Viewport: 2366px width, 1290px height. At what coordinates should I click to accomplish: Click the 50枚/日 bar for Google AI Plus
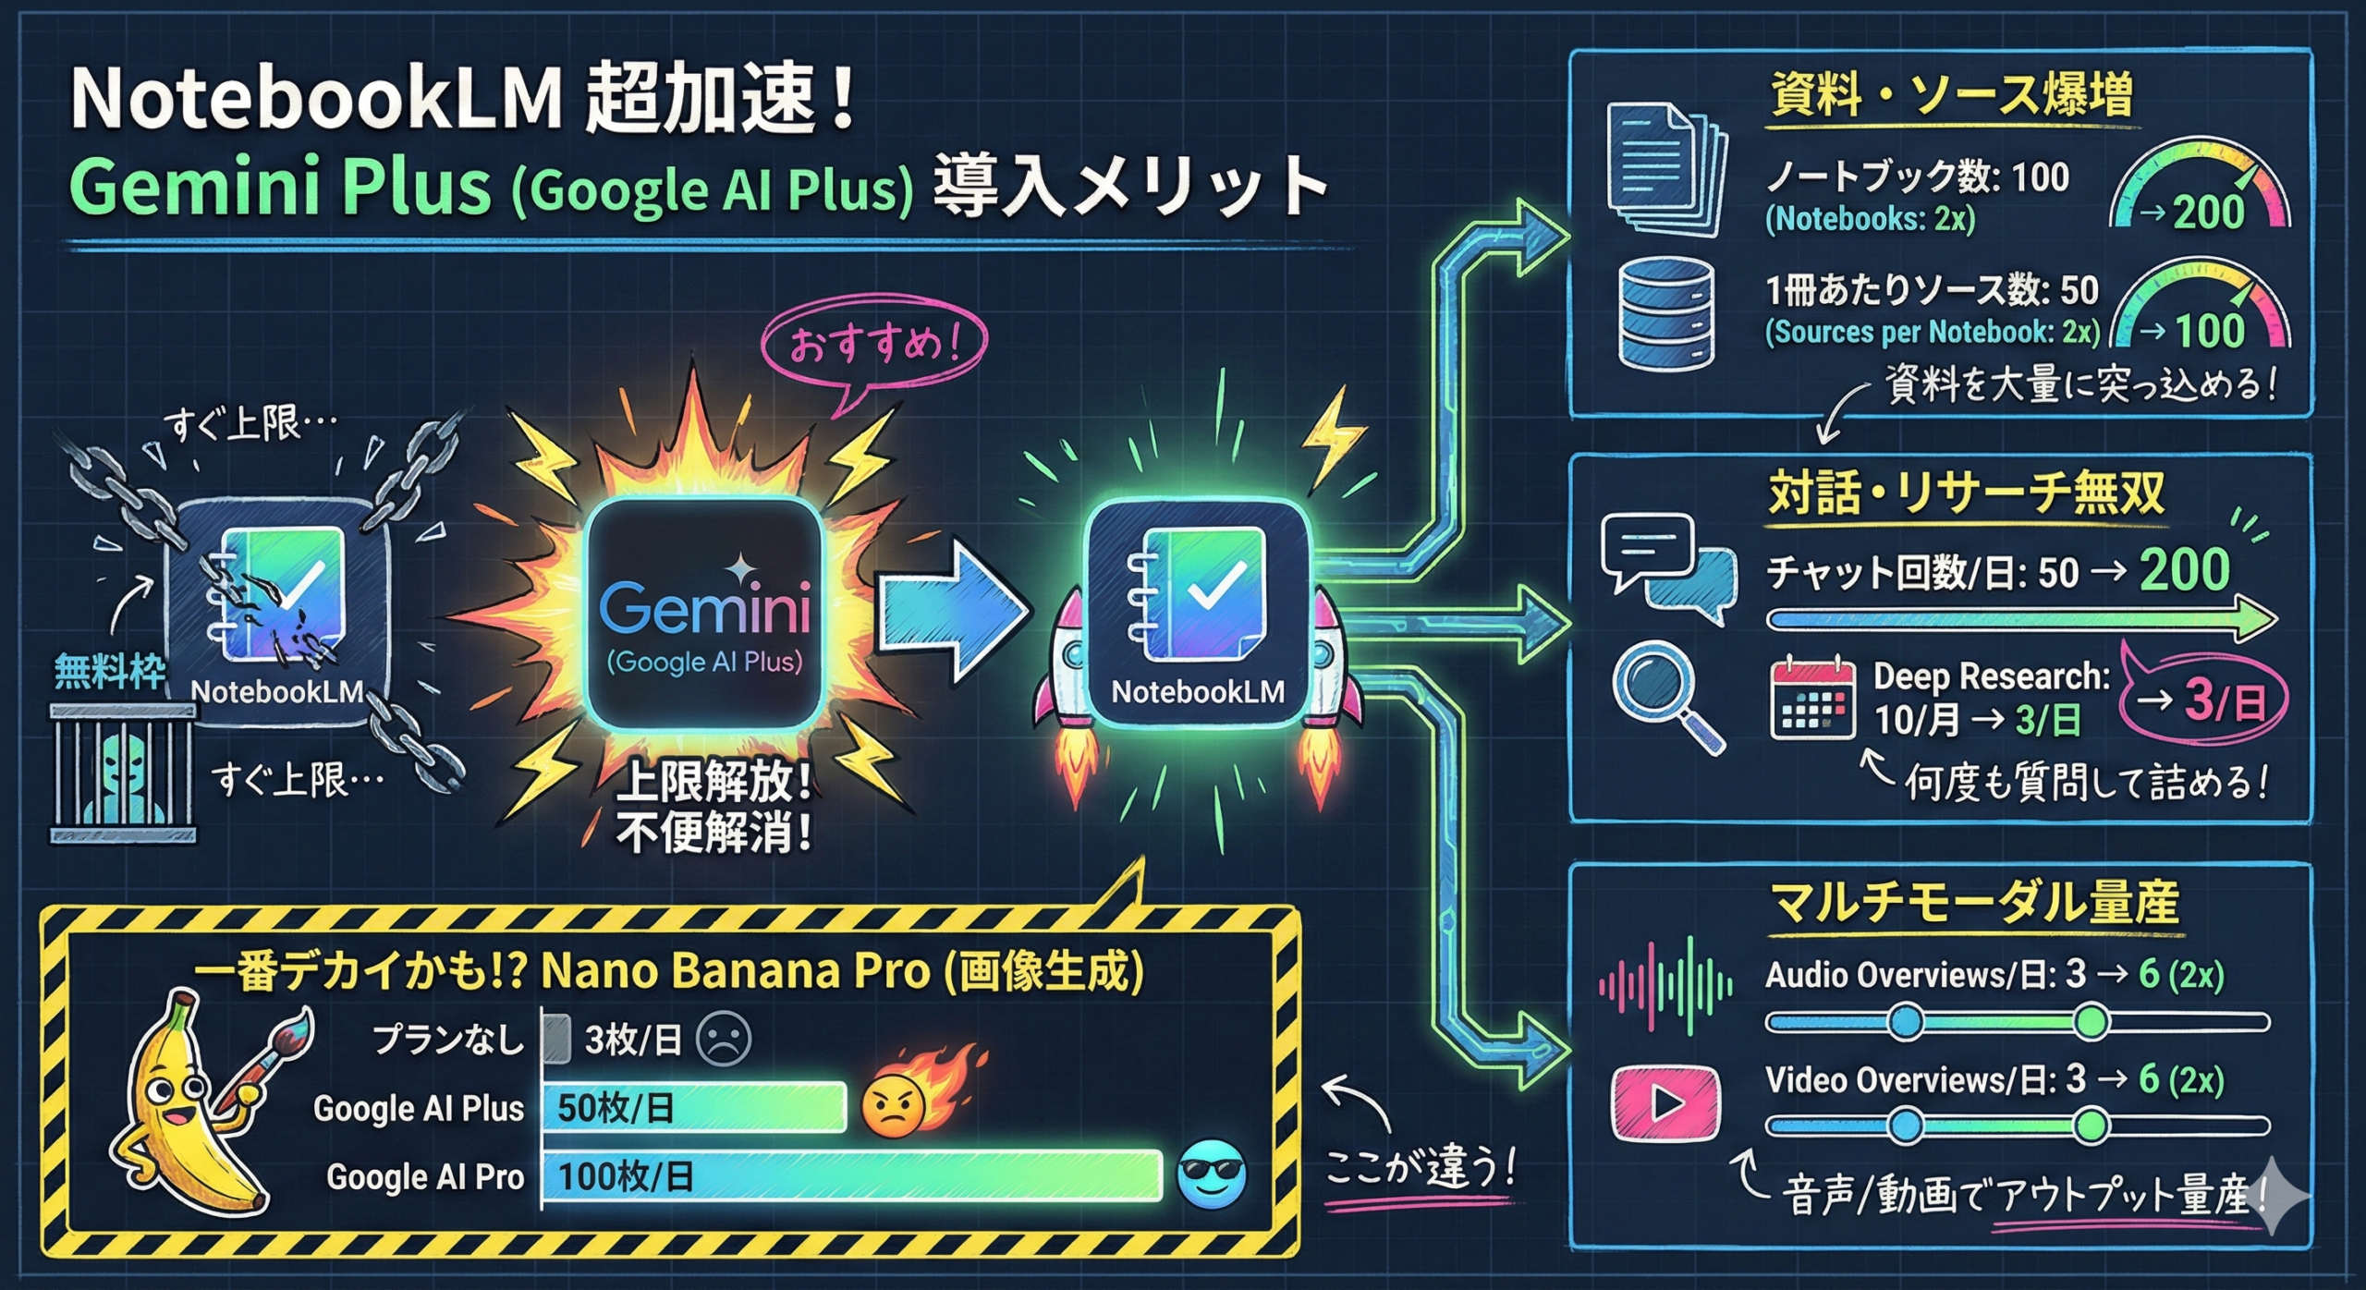[x=693, y=1107]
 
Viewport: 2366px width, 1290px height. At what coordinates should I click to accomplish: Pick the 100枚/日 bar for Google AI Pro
[x=850, y=1175]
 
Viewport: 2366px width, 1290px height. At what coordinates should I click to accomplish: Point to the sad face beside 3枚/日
[x=724, y=1039]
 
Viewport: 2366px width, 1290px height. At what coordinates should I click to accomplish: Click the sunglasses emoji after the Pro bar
[x=1211, y=1174]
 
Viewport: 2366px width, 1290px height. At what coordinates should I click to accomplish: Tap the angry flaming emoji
[x=895, y=1104]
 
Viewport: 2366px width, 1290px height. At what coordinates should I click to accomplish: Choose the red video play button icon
[x=1665, y=1103]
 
